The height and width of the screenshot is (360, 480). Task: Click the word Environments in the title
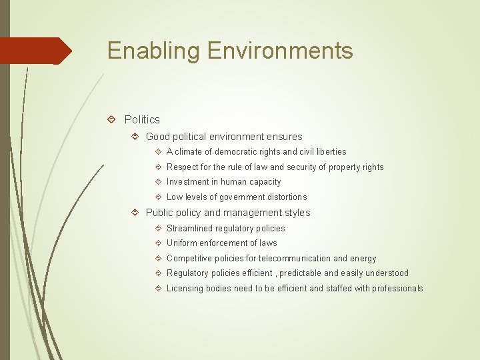pyautogui.click(x=279, y=51)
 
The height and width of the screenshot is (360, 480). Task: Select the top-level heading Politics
pyautogui.click(x=142, y=119)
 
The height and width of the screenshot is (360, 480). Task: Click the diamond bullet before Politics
pyautogui.click(x=111, y=119)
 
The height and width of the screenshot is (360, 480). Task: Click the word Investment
pyautogui.click(x=187, y=182)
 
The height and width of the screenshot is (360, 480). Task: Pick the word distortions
pyautogui.click(x=285, y=197)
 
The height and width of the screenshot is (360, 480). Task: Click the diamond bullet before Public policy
pyautogui.click(x=135, y=213)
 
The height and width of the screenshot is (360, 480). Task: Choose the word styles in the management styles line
pyautogui.click(x=297, y=213)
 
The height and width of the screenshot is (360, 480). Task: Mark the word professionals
pyautogui.click(x=397, y=289)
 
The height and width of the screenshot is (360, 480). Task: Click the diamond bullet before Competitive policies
pyautogui.click(x=157, y=259)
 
